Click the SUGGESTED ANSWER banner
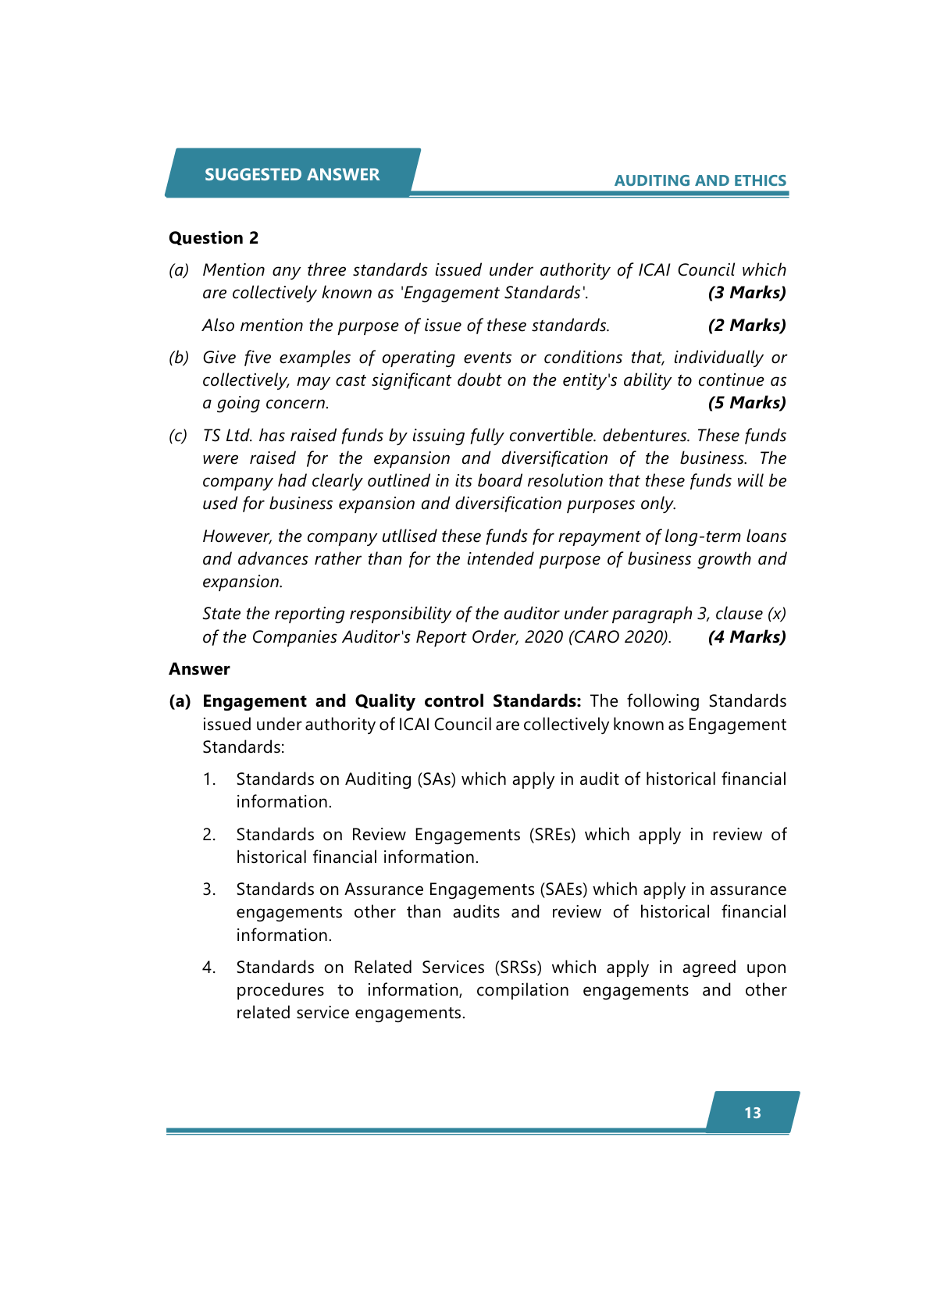(292, 174)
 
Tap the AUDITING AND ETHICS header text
(700, 180)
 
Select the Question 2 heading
(213, 238)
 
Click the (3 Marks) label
(746, 293)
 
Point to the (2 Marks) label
(746, 326)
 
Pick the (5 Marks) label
(746, 403)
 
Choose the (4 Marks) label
(746, 637)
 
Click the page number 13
(753, 1113)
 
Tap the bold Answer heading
(199, 669)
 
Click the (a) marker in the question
(179, 270)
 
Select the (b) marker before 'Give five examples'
(179, 358)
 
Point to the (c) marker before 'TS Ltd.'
(179, 436)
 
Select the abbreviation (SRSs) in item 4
(518, 968)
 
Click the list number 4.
(208, 968)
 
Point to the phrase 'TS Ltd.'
(227, 436)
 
